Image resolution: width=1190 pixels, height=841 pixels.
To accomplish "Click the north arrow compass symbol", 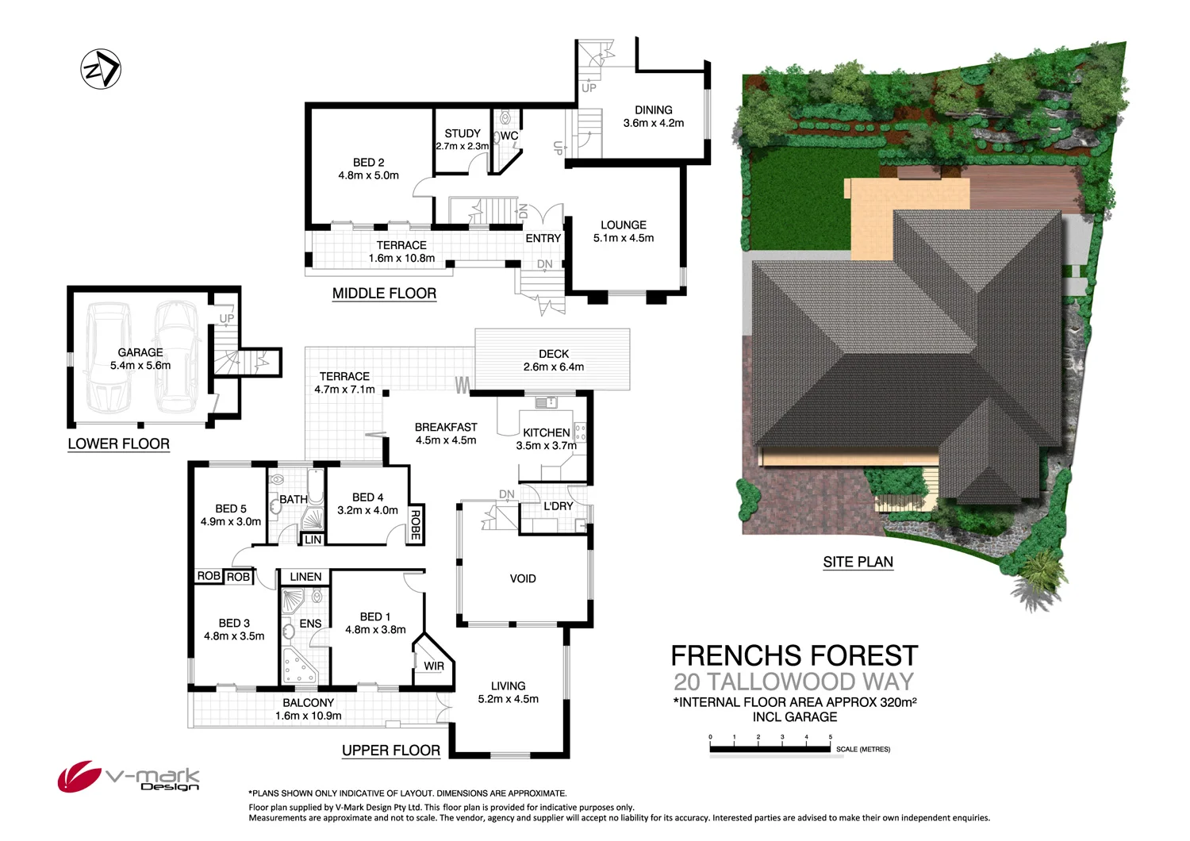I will click(101, 69).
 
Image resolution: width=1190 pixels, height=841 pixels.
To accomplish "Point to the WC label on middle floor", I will click(509, 136).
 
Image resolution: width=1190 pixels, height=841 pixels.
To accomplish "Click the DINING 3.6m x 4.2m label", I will click(653, 117).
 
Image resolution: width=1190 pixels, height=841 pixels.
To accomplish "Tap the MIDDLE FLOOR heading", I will click(384, 294).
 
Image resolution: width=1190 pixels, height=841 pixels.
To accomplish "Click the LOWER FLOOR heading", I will click(118, 444).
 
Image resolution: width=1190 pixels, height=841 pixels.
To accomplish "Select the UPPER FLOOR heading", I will click(390, 751).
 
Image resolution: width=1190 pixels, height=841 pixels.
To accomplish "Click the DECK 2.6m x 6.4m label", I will click(553, 360).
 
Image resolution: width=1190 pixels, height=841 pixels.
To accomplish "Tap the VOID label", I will click(523, 578).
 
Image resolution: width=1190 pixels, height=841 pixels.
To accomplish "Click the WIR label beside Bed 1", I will click(434, 666).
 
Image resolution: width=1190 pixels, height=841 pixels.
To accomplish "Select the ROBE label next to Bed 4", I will click(415, 524).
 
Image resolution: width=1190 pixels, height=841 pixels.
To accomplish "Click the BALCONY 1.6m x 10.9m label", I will click(309, 709).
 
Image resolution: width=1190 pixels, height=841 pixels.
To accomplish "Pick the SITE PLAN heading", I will click(858, 562).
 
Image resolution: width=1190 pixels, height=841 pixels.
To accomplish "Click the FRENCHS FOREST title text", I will click(794, 656).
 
